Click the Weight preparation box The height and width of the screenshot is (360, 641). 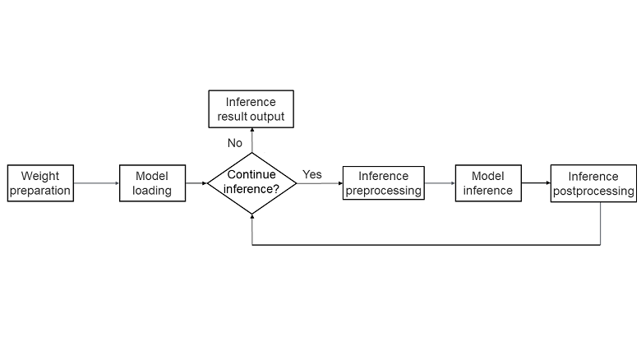pyautogui.click(x=40, y=183)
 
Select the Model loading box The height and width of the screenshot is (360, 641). pyautogui.click(x=152, y=183)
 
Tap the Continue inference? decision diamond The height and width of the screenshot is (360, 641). pyautogui.click(x=251, y=182)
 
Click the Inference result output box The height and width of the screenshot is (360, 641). pyautogui.click(x=251, y=109)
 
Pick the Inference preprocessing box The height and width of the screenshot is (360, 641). pyautogui.click(x=383, y=183)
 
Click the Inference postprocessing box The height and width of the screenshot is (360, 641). pyautogui.click(x=593, y=183)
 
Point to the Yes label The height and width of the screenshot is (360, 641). pyautogui.click(x=312, y=174)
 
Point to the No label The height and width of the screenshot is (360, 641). pyautogui.click(x=235, y=143)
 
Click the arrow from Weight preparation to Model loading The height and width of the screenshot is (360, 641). pyautogui.click(x=96, y=183)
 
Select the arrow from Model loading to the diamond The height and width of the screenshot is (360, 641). pyautogui.click(x=196, y=183)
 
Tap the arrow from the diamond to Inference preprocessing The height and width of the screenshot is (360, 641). pyautogui.click(x=320, y=183)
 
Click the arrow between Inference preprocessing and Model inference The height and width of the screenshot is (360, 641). pyautogui.click(x=440, y=183)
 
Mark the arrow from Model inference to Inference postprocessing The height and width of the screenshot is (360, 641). pyautogui.click(x=536, y=183)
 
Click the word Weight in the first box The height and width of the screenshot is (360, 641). pyautogui.click(x=40, y=176)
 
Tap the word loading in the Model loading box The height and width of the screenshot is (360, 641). pyautogui.click(x=152, y=191)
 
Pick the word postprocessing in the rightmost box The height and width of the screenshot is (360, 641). pyautogui.click(x=593, y=191)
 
